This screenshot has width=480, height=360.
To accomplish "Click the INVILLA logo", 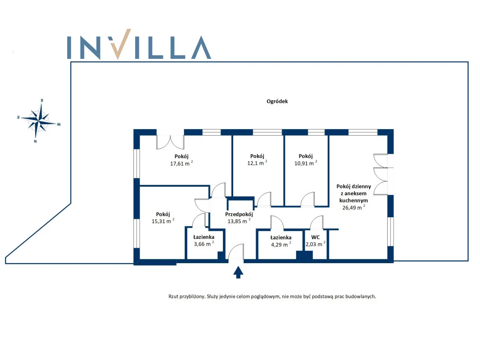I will pyautogui.click(x=139, y=44).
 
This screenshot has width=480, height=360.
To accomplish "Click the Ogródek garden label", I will pyautogui.click(x=277, y=101).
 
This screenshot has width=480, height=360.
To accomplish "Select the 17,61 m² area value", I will pyautogui.click(x=181, y=163).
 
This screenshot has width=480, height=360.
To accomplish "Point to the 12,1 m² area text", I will pyautogui.click(x=257, y=163).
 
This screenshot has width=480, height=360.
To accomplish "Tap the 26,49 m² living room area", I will pyautogui.click(x=354, y=207).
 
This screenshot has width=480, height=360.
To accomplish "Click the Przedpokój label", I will pyautogui.click(x=239, y=214).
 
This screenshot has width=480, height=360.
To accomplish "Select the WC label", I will pyautogui.click(x=315, y=237).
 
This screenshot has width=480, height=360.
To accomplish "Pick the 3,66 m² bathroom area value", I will pyautogui.click(x=203, y=244).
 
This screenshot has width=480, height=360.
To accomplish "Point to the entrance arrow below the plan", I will pyautogui.click(x=238, y=272).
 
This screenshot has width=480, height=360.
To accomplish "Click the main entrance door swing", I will pyautogui.click(x=236, y=252).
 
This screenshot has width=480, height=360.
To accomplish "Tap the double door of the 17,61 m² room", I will pyautogui.click(x=170, y=142).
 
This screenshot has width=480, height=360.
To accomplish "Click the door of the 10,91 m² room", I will pyautogui.click(x=308, y=200).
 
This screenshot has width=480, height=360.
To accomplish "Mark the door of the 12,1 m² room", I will pyautogui.click(x=264, y=200).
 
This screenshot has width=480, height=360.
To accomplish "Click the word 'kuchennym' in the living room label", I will pyautogui.click(x=354, y=200).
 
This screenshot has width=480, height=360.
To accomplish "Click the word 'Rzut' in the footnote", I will pyautogui.click(x=174, y=296).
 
